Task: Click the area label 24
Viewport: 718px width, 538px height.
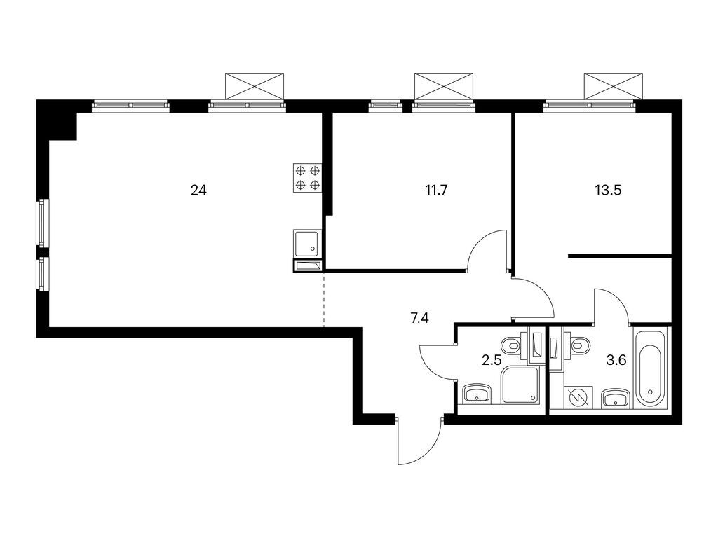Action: point(198,189)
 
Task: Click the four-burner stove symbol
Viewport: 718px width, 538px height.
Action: point(307,177)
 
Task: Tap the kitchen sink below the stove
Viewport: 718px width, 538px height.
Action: point(307,244)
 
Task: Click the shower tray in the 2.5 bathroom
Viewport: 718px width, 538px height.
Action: point(520,387)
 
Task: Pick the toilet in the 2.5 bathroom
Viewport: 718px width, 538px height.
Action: point(511,344)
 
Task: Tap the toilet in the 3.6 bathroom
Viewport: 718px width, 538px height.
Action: point(579,344)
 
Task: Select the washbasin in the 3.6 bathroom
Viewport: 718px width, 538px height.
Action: point(615,398)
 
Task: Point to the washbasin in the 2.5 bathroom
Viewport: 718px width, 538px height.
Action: point(477,394)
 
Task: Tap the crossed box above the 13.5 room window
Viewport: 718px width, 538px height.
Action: point(613,85)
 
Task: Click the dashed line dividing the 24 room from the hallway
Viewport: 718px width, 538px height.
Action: point(324,301)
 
